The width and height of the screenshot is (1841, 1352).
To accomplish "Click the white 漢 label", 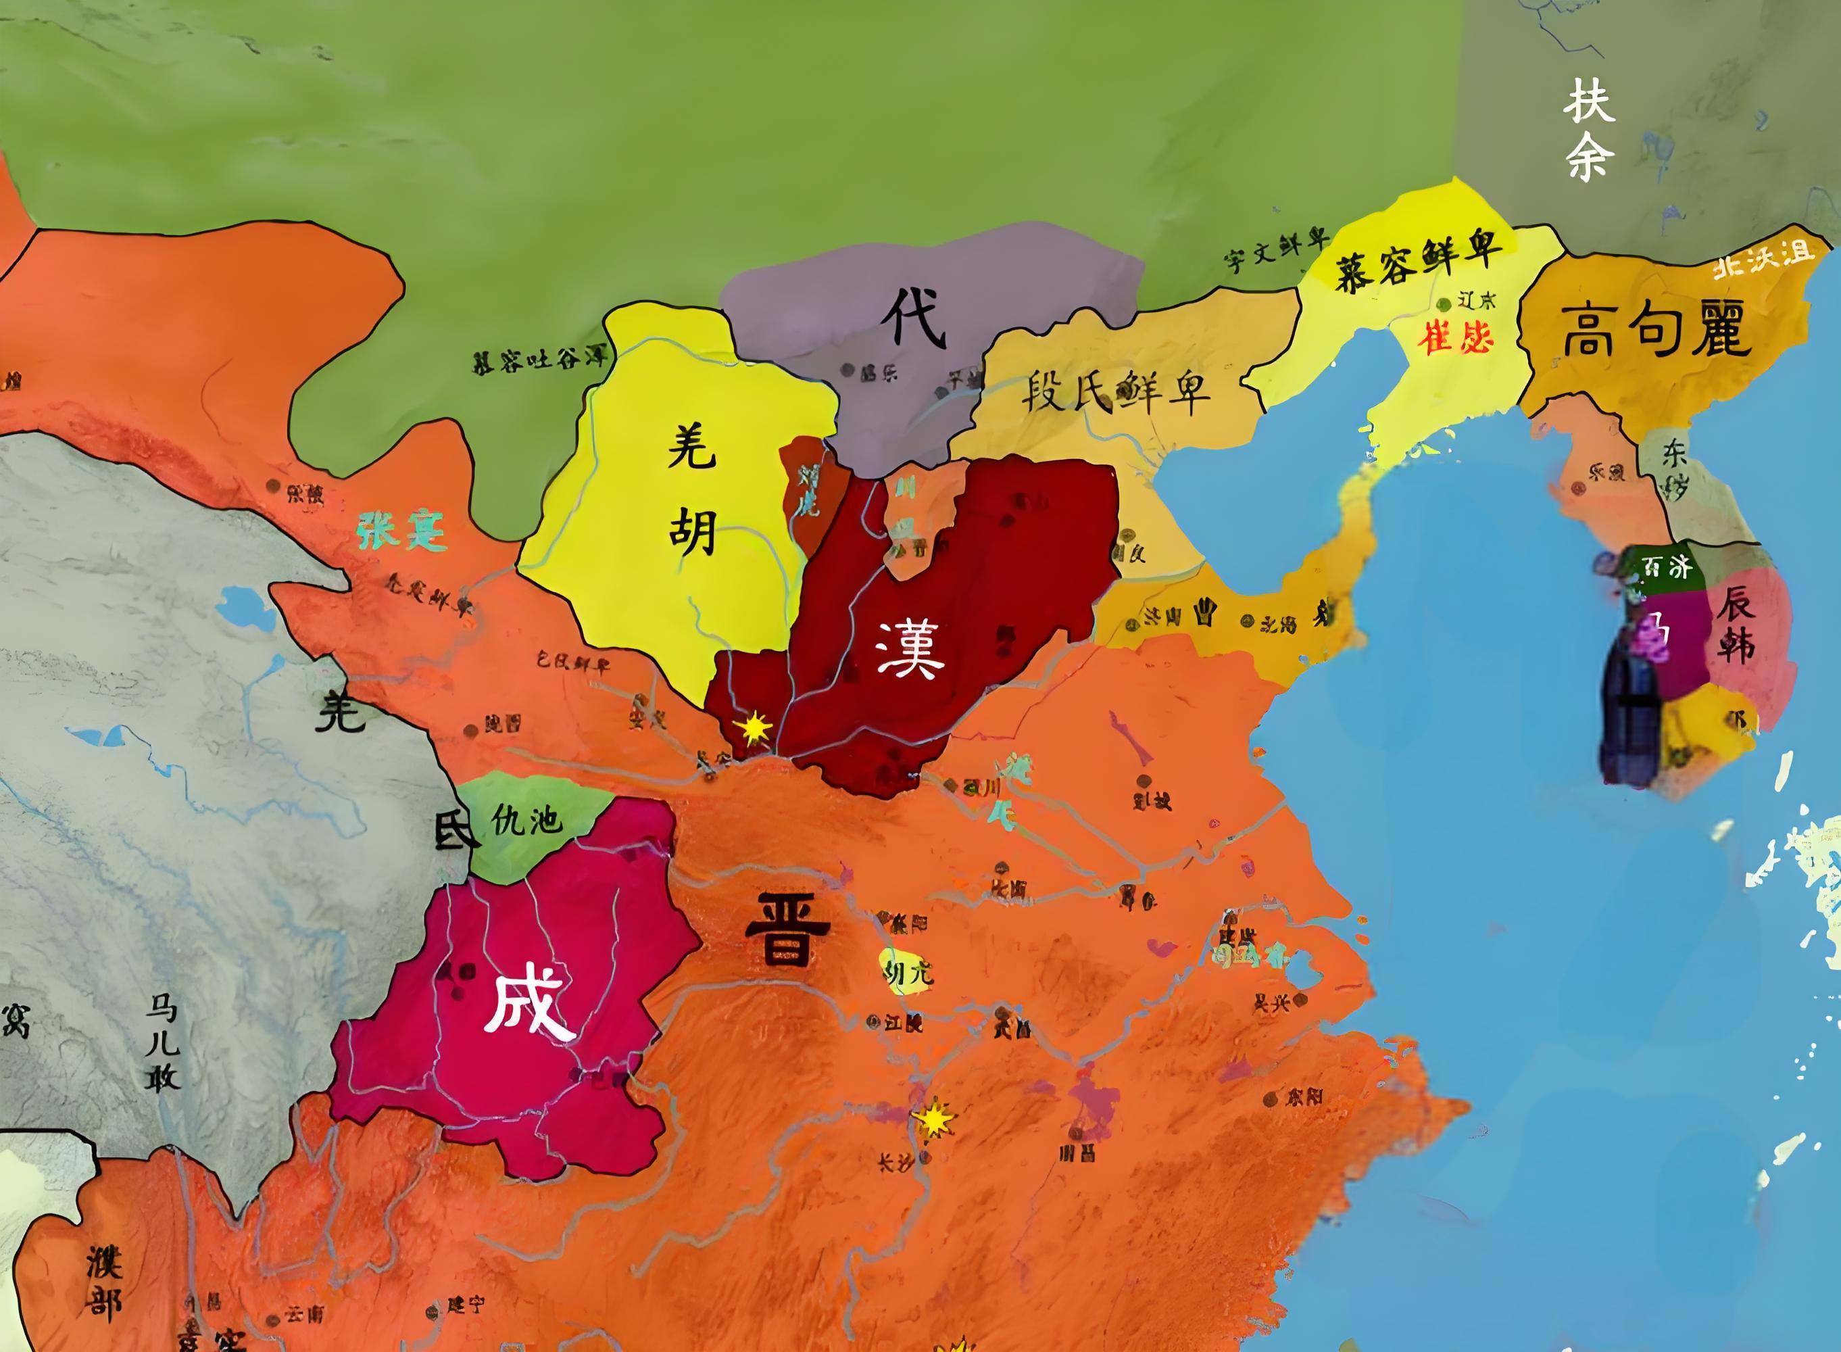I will [x=909, y=649].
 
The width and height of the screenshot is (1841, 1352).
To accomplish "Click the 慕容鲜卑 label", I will [x=1418, y=260].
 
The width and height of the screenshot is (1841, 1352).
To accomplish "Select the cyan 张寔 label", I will [x=401, y=533].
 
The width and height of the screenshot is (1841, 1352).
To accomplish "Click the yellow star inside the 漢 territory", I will [x=753, y=727].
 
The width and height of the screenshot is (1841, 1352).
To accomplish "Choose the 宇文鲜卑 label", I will [x=1274, y=252].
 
